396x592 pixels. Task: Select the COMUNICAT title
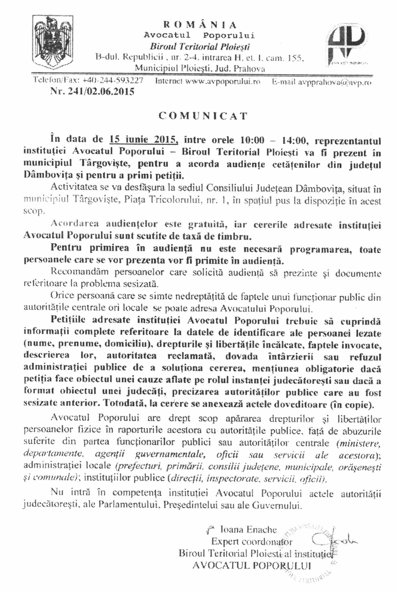203,116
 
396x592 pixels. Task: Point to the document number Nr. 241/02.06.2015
93,92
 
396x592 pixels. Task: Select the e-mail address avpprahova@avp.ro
334,82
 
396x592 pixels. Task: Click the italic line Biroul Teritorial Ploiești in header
200,47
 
